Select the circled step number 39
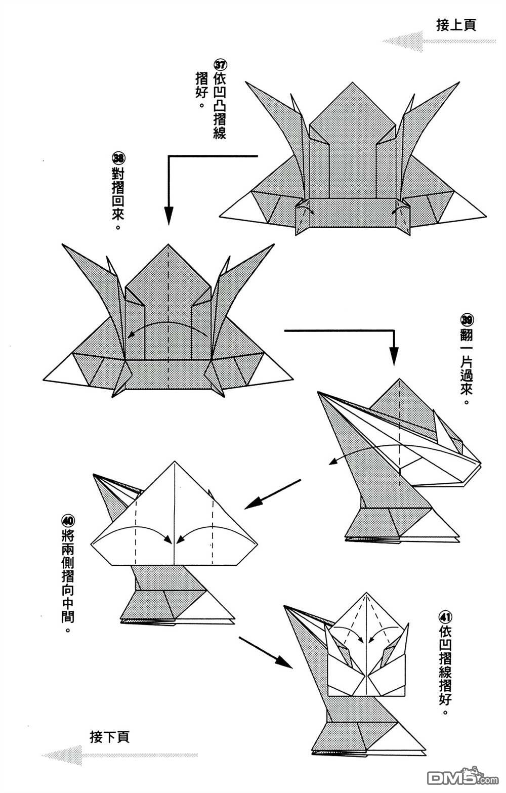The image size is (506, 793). coord(467,320)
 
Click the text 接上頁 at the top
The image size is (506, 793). coord(456,25)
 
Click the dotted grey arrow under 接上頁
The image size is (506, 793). coord(439,41)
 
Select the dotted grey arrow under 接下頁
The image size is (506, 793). coord(120,755)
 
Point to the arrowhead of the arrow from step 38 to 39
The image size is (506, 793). coord(394,356)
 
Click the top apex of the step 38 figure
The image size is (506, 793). coord(168,244)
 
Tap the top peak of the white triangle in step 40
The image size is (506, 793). coord(174,462)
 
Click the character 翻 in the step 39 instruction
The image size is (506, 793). coord(467,335)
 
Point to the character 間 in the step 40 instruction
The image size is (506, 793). coord(68,617)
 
